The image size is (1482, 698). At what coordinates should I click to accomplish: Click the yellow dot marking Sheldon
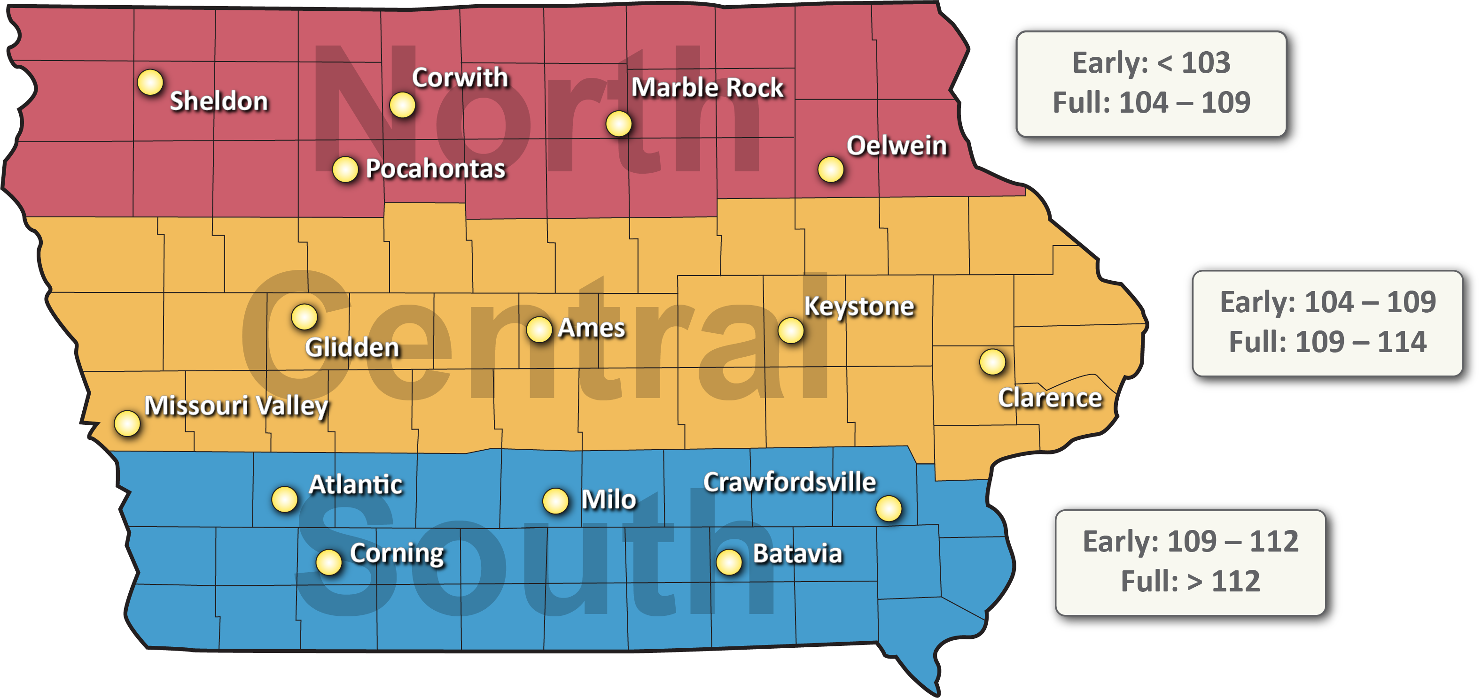click(150, 82)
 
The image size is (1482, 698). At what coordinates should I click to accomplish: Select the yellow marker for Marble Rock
click(618, 123)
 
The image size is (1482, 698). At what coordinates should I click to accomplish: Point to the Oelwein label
click(897, 146)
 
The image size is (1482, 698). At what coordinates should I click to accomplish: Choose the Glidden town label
click(351, 347)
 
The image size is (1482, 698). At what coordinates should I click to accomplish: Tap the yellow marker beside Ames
click(539, 330)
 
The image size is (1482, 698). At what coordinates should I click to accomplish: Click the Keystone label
click(858, 307)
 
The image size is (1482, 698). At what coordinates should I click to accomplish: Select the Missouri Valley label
click(236, 406)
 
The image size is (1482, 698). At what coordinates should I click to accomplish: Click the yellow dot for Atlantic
click(284, 499)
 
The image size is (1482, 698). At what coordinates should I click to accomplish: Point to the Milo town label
click(608, 499)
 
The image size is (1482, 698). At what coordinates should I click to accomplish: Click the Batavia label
click(797, 554)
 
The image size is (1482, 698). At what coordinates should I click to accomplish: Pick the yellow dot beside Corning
click(328, 562)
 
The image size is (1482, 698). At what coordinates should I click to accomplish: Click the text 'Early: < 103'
click(1151, 63)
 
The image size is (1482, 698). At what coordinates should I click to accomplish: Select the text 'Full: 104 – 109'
click(1151, 103)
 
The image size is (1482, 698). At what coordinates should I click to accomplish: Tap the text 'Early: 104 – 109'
click(1328, 302)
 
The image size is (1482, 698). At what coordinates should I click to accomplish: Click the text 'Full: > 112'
click(1190, 581)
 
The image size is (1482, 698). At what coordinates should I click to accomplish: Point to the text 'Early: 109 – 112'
click(1190, 541)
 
